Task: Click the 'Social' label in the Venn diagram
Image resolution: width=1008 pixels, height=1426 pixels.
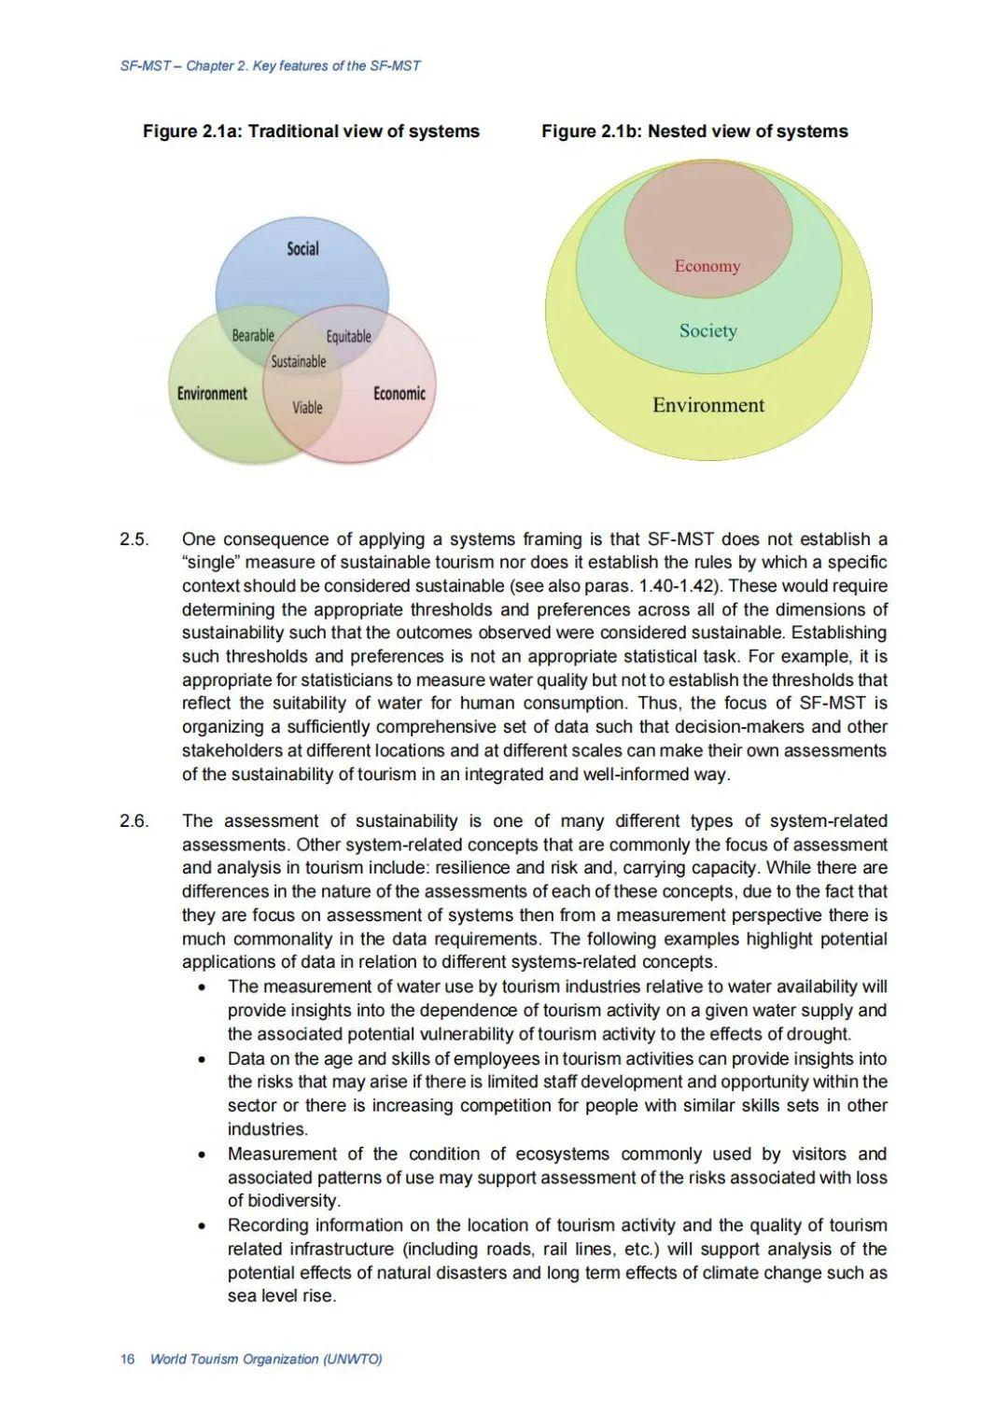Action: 302,248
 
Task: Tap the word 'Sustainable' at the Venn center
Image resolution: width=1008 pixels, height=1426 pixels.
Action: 299,361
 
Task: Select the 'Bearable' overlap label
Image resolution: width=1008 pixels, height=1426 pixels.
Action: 253,335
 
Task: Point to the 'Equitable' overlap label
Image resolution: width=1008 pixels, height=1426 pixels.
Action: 348,336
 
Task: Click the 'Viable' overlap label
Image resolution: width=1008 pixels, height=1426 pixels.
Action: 307,407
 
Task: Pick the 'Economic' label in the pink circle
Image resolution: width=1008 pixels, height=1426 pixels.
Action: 399,393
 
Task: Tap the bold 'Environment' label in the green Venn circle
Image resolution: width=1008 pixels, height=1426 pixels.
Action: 213,393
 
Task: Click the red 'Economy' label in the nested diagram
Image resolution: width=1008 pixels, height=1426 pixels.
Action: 707,266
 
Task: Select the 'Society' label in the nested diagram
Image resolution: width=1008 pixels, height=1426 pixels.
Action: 707,330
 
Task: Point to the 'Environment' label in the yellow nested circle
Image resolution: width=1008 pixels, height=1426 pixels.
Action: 707,405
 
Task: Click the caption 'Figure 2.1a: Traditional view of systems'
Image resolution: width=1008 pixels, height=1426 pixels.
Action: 311,132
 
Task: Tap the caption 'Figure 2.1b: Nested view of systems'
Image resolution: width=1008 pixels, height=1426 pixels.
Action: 694,132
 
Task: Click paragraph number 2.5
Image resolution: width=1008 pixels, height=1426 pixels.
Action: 134,539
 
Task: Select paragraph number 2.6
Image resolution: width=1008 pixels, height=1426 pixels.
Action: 134,821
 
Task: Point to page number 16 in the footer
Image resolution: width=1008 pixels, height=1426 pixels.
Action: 128,1359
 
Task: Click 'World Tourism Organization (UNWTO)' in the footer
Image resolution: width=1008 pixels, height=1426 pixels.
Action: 266,1359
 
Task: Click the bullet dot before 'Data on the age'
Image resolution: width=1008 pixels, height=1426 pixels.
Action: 203,1059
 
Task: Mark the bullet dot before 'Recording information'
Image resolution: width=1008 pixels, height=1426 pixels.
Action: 203,1226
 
